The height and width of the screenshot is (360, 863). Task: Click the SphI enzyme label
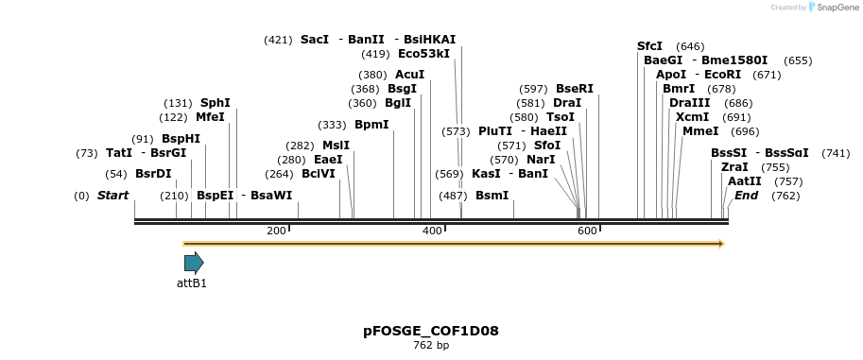pos(215,103)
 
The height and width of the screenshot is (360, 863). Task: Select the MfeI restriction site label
pos(210,117)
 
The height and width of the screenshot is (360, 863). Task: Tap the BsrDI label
pos(153,174)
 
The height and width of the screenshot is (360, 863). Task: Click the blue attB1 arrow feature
pos(194,263)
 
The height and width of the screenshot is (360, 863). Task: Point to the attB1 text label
pos(192,283)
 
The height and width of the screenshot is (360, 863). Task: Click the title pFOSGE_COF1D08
pos(431,331)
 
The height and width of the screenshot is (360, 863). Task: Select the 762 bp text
pos(431,346)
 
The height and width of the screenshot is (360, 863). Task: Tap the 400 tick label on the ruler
pos(432,231)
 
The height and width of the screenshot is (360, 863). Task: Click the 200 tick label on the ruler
pos(276,231)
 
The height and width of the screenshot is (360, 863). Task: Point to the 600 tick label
pos(587,231)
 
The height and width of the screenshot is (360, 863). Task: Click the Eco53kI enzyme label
pos(423,54)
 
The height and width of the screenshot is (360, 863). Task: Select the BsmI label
pos(492,196)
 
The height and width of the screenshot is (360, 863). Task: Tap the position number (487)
pos(453,196)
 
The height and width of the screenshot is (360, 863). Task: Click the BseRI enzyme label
pos(575,89)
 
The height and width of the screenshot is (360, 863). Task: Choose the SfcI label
pos(649,45)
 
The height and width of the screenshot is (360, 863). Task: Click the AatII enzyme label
pos(744,181)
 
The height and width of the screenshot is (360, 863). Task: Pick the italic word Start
pos(112,196)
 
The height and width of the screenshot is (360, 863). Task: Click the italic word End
pos(746,196)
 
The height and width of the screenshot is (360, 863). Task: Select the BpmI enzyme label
pos(371,125)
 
